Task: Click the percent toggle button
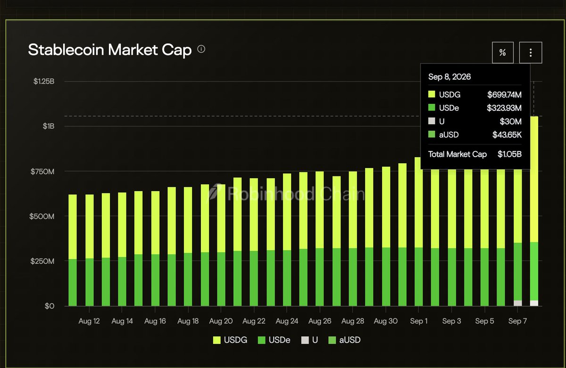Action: (x=503, y=52)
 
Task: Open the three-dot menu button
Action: (x=530, y=52)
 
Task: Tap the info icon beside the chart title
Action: (x=201, y=49)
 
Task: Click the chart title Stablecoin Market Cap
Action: (x=109, y=50)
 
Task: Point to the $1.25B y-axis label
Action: (x=44, y=81)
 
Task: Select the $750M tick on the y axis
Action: (x=42, y=172)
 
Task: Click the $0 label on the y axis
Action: (x=49, y=306)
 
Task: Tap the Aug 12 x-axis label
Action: (x=89, y=321)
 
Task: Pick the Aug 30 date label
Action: (x=386, y=321)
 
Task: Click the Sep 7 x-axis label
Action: (x=517, y=321)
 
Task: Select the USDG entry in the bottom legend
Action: (x=230, y=340)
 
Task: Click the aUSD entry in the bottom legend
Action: (x=344, y=340)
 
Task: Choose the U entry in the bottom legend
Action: (x=309, y=340)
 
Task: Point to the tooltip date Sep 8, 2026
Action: (x=449, y=77)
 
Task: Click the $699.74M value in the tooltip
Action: (x=504, y=95)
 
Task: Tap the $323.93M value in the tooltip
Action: (x=504, y=108)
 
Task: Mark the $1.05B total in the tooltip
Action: (x=510, y=154)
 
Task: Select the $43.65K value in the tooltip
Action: (x=507, y=135)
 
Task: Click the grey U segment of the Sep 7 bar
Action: (x=518, y=303)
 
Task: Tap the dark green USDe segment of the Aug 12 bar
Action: (x=90, y=282)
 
